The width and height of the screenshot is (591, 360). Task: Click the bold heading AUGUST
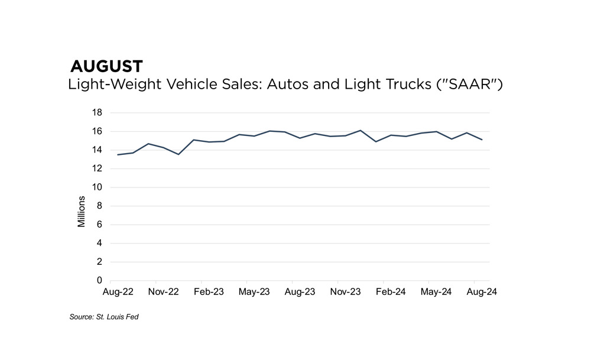click(x=106, y=66)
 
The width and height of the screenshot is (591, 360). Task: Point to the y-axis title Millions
click(x=82, y=212)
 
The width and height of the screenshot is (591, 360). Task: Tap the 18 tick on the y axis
click(x=98, y=112)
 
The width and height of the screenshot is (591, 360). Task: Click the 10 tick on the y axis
click(x=98, y=187)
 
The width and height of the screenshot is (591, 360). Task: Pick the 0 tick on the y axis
click(x=100, y=280)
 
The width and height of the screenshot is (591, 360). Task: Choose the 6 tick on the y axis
click(x=100, y=225)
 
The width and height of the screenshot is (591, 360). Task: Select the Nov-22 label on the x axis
click(x=163, y=292)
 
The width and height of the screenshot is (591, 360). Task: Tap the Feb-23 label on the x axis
click(x=209, y=292)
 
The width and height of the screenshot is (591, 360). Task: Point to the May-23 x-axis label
click(x=254, y=292)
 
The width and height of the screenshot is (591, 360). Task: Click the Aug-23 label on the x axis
click(x=300, y=292)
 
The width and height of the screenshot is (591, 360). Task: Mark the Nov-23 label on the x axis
click(x=345, y=292)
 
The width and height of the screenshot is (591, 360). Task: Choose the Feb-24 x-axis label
click(x=391, y=292)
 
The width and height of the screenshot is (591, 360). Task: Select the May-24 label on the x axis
click(x=436, y=292)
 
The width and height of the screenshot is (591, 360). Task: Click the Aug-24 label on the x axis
click(x=482, y=292)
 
